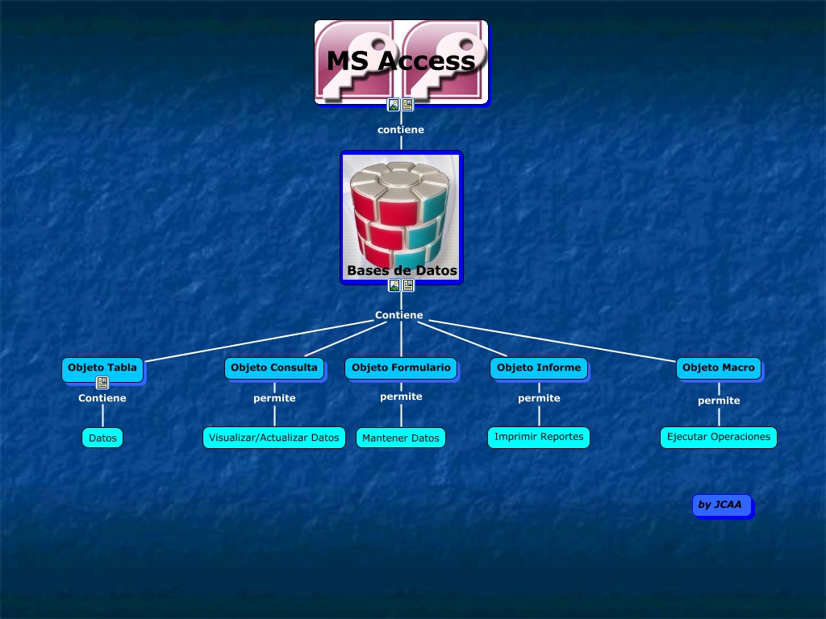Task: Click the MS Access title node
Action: (x=401, y=61)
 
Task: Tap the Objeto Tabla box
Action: (x=102, y=368)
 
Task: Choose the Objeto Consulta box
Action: (x=274, y=368)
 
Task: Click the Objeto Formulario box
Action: (x=401, y=368)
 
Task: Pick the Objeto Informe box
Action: (x=539, y=368)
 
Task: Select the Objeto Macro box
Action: (x=719, y=368)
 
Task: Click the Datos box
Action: (x=102, y=438)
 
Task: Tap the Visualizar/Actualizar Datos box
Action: (x=274, y=438)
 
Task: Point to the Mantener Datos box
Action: (x=401, y=438)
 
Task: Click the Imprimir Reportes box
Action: (x=539, y=437)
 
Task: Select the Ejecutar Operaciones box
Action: (x=719, y=437)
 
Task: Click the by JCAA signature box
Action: (x=720, y=505)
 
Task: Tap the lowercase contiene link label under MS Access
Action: (x=401, y=130)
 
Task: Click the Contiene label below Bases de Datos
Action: (x=399, y=315)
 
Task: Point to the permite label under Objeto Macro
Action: (x=719, y=401)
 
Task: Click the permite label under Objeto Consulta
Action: (x=274, y=398)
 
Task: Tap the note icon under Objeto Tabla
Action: (x=102, y=383)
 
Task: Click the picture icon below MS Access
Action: (x=394, y=105)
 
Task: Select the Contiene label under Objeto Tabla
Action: (x=102, y=398)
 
